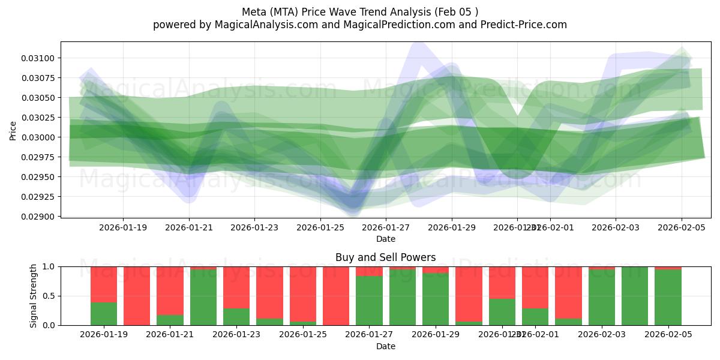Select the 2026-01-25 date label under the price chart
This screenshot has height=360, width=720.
320,227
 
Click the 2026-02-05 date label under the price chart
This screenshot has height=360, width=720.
681,227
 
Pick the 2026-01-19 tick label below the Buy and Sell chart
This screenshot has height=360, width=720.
104,335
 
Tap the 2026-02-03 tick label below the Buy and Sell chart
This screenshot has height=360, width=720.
602,335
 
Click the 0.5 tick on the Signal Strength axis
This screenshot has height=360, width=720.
49,296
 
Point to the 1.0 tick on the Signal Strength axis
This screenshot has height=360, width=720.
49,266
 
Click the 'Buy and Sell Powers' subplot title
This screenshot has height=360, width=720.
385,257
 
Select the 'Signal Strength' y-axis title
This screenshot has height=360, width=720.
34,296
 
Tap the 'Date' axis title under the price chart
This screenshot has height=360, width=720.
385,239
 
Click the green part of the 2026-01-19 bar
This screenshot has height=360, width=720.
104,314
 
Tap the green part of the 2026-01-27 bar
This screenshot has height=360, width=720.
369,301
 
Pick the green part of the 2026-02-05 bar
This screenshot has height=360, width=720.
668,298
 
